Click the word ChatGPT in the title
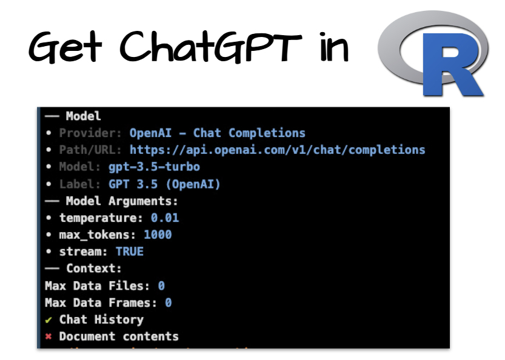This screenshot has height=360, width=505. coord(210,47)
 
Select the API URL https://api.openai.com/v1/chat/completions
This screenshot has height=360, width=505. coord(278,150)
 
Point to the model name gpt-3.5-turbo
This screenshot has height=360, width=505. coord(154,167)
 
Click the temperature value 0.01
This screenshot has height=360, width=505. coord(165,218)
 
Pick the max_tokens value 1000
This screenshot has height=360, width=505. coord(158,235)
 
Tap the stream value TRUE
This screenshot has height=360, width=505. coord(130,252)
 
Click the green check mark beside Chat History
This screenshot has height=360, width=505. coord(48,319)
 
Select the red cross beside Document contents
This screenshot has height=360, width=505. coord(48,336)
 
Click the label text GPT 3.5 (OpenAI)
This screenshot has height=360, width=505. coord(164,184)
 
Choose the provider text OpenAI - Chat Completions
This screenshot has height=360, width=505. coord(218,133)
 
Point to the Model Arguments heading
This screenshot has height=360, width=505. coord(122,201)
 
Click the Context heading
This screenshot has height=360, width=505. coord(93,268)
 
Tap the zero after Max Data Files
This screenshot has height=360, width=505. coord(161,285)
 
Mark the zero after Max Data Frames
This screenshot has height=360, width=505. coord(168,302)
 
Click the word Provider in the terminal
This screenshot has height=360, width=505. coord(91,133)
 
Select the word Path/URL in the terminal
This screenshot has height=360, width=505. coord(91,150)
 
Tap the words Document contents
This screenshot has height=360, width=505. coord(119,336)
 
